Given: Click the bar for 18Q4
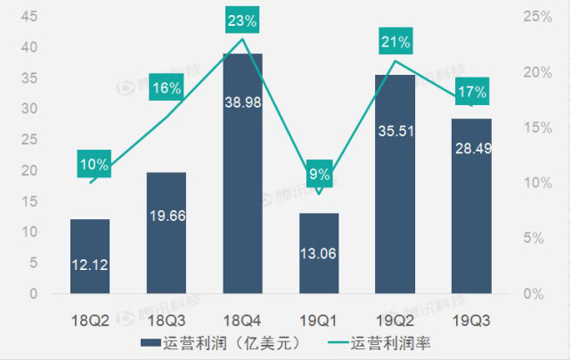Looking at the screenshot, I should point(242,174).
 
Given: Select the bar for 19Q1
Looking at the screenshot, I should point(319,254).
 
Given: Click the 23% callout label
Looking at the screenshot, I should point(242,19).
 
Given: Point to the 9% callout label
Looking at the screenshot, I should point(319,174).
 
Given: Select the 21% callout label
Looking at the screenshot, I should point(396,41).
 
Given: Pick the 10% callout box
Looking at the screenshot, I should point(94,164).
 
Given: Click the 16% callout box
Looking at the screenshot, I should point(167,87).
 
